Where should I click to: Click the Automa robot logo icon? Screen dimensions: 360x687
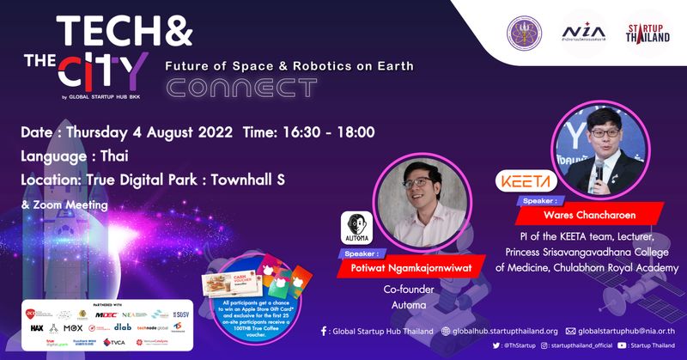click(356, 225)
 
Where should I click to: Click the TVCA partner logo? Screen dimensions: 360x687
click(114, 342)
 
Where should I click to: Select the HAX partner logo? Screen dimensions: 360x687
click(37, 327)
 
